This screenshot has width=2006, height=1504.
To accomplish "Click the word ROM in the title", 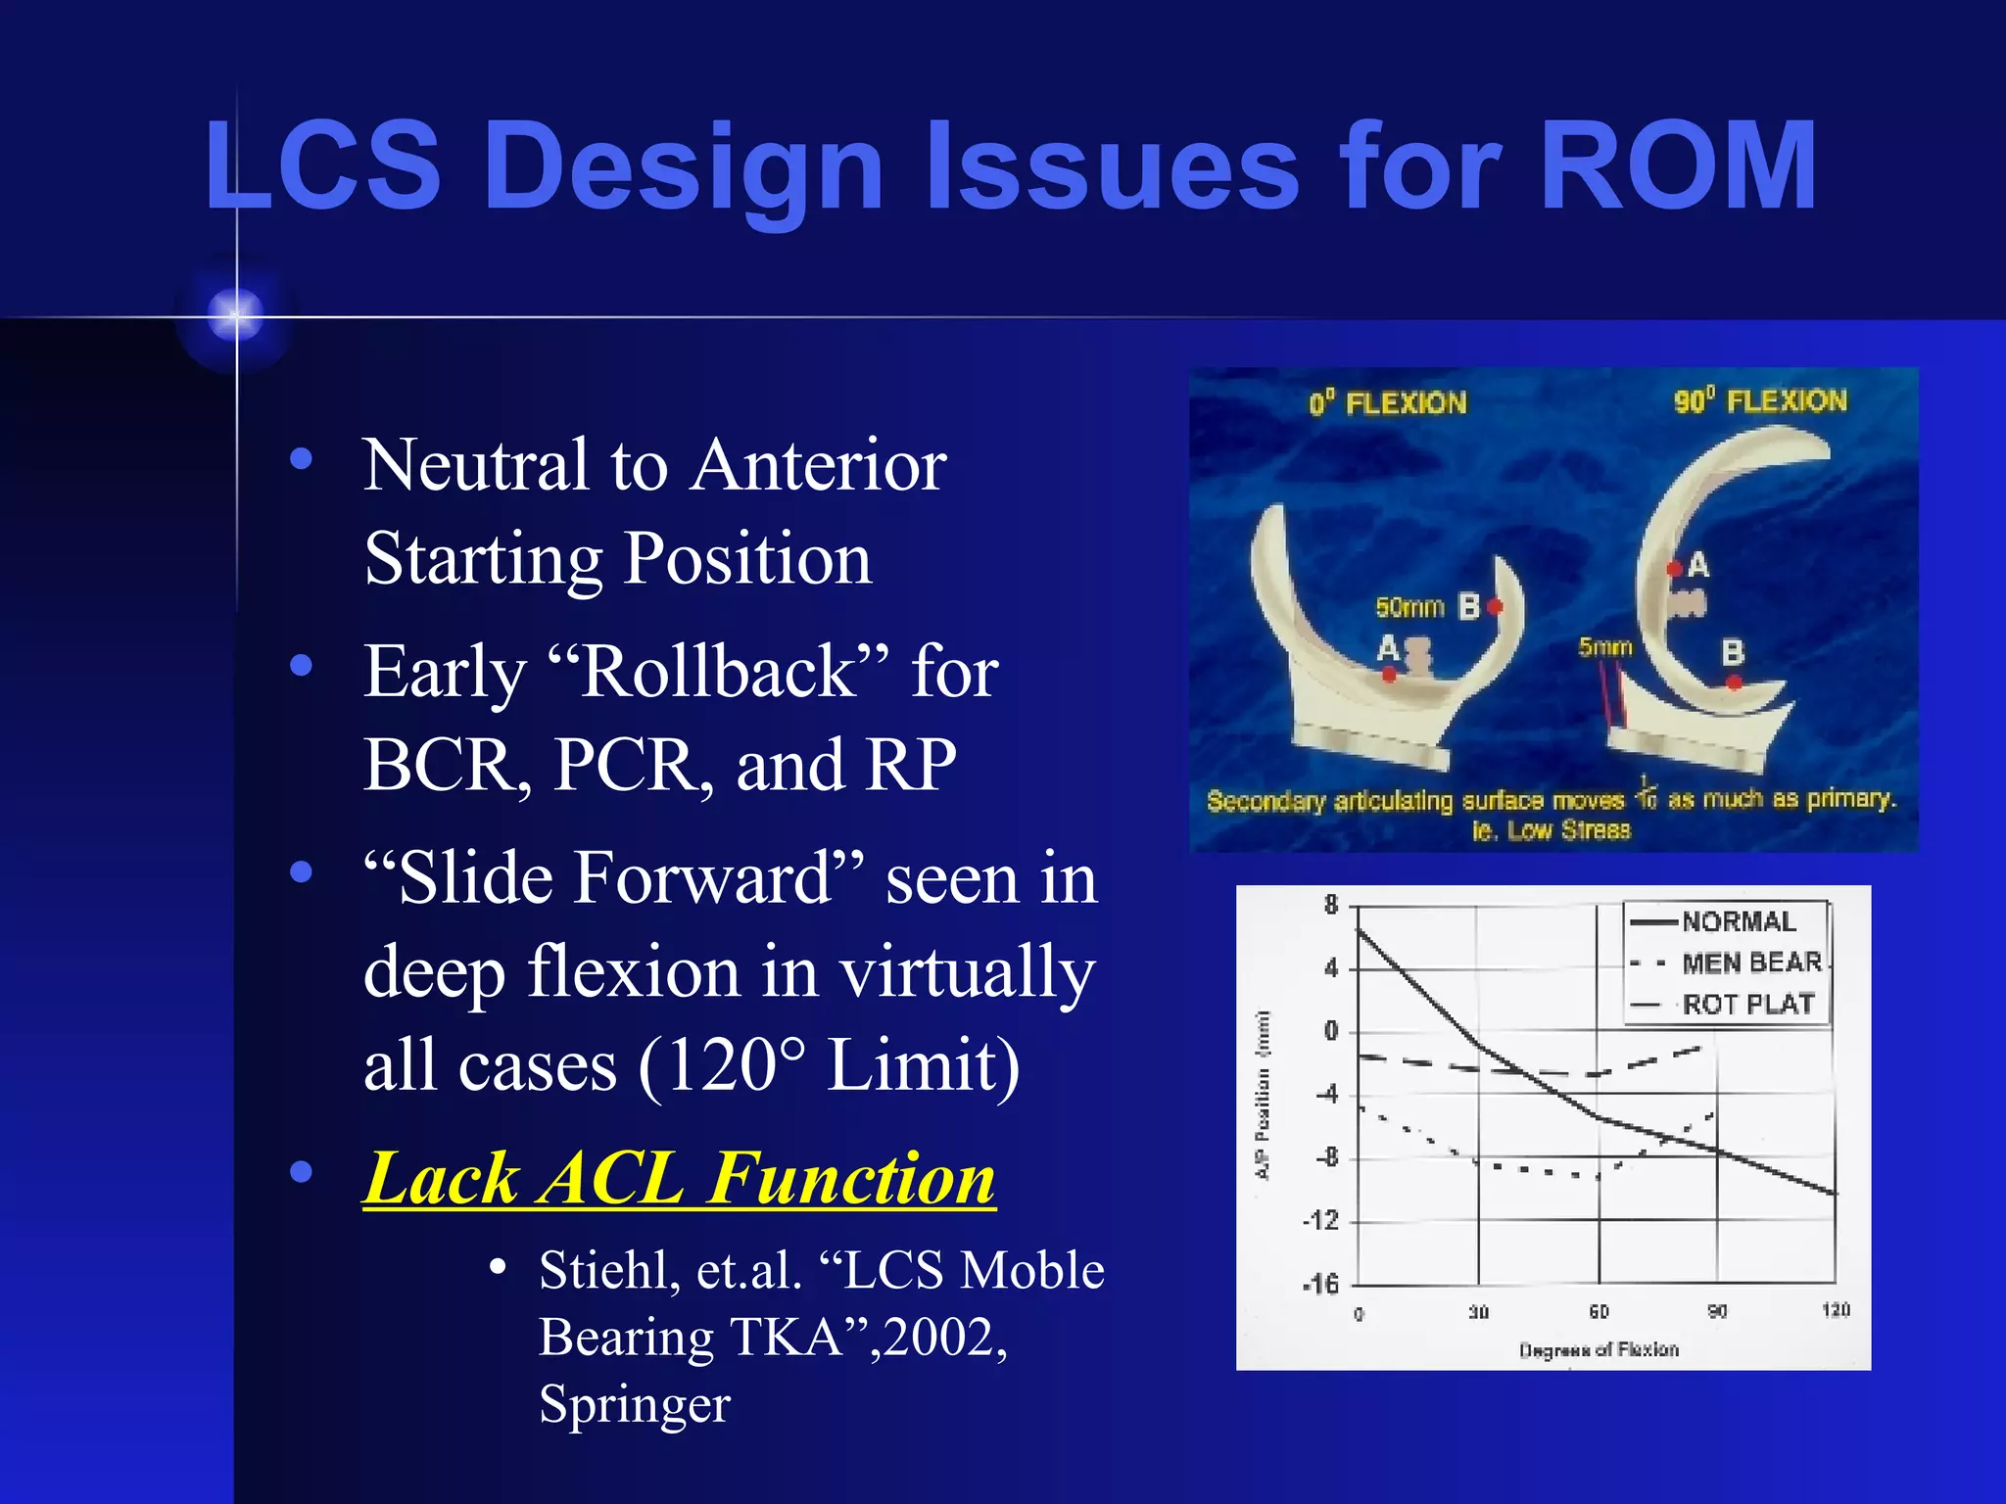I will coord(1677,166).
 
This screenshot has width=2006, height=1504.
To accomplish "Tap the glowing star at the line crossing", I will coord(236,315).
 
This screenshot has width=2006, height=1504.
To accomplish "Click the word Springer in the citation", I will coord(635,1403).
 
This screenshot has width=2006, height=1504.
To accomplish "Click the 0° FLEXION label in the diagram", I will coord(1387,403).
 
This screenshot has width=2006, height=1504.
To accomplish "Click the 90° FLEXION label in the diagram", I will coord(1759,401).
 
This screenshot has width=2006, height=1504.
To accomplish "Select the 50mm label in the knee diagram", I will coord(1409,608).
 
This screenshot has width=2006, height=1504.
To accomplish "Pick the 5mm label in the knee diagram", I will coord(1604,647).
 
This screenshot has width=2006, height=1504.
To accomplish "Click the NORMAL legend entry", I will coord(1738,922).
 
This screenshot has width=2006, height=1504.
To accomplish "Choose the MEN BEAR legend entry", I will coord(1751,963).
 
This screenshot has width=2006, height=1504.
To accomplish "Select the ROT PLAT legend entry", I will coord(1747,1005).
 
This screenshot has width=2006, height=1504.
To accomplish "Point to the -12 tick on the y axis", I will coord(1319,1221).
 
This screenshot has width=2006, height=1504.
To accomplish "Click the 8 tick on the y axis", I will coord(1330,906).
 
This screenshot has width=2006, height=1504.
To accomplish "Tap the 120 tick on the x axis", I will coord(1835,1310).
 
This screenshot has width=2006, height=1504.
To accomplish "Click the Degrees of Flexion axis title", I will coord(1599,1350).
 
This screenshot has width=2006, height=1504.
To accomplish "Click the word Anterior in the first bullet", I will coord(818,465).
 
